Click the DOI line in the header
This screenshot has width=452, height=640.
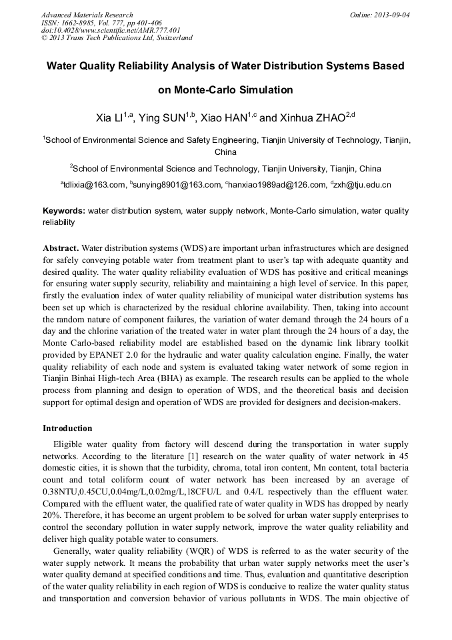click(x=111, y=30)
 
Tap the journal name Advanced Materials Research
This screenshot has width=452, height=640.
click(x=87, y=15)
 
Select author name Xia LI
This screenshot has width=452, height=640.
click(x=110, y=118)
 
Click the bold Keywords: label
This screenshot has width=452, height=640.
click(x=64, y=211)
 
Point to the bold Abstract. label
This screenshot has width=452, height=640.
click(x=61, y=248)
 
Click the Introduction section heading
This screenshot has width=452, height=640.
click(x=67, y=428)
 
